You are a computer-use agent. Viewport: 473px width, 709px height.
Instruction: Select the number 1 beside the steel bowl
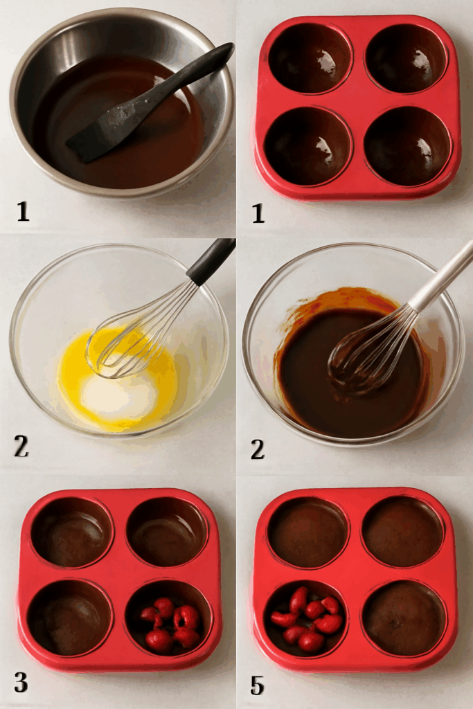(x=23, y=210)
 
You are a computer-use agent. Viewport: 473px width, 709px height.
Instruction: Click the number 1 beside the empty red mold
(x=258, y=212)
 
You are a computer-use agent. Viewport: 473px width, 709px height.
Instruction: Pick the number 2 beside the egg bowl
(x=21, y=447)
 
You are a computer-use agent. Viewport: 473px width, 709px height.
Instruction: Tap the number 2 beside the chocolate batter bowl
(x=257, y=449)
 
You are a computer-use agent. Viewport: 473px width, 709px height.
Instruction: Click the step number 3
(x=21, y=682)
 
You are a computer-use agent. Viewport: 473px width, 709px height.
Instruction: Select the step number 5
(x=257, y=685)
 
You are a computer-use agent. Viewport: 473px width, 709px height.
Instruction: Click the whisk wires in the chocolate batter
(x=367, y=353)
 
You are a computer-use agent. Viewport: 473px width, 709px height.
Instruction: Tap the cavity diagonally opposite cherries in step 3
(x=71, y=532)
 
